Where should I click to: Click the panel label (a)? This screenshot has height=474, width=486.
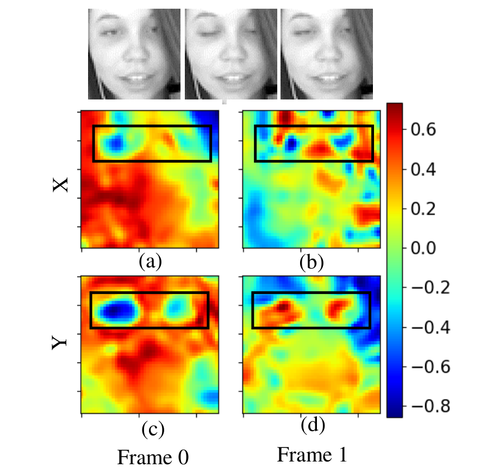pos(151,261)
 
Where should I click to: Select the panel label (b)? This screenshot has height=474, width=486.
pos(311,262)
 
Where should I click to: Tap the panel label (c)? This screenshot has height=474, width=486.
pos(153,429)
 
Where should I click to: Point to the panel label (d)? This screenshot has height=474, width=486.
pos(313,425)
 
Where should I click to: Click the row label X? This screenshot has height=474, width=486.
pos(60,185)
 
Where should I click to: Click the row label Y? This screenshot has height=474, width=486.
pos(59,342)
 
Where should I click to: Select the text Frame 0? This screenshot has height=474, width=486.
pos(153,457)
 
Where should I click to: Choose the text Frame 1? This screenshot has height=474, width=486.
pos(312,455)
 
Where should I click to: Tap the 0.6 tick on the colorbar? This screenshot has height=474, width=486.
pos(423,129)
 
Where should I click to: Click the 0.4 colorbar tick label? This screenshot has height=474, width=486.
pos(423,169)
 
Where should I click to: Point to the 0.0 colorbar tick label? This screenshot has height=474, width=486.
pos(423,248)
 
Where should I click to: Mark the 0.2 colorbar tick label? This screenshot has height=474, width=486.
pos(423,209)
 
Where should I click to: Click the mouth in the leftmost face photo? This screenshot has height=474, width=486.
pos(135,78)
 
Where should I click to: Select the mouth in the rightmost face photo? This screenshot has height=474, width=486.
pos(328,78)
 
